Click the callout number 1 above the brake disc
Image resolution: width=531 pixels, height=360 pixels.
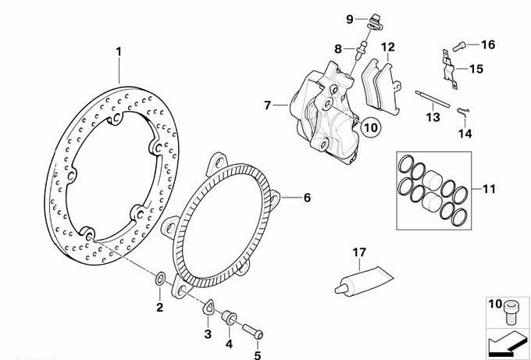pos(119,52)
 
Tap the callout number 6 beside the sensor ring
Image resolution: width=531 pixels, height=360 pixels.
pos(307,198)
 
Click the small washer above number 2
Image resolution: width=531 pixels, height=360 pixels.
pos(160,278)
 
